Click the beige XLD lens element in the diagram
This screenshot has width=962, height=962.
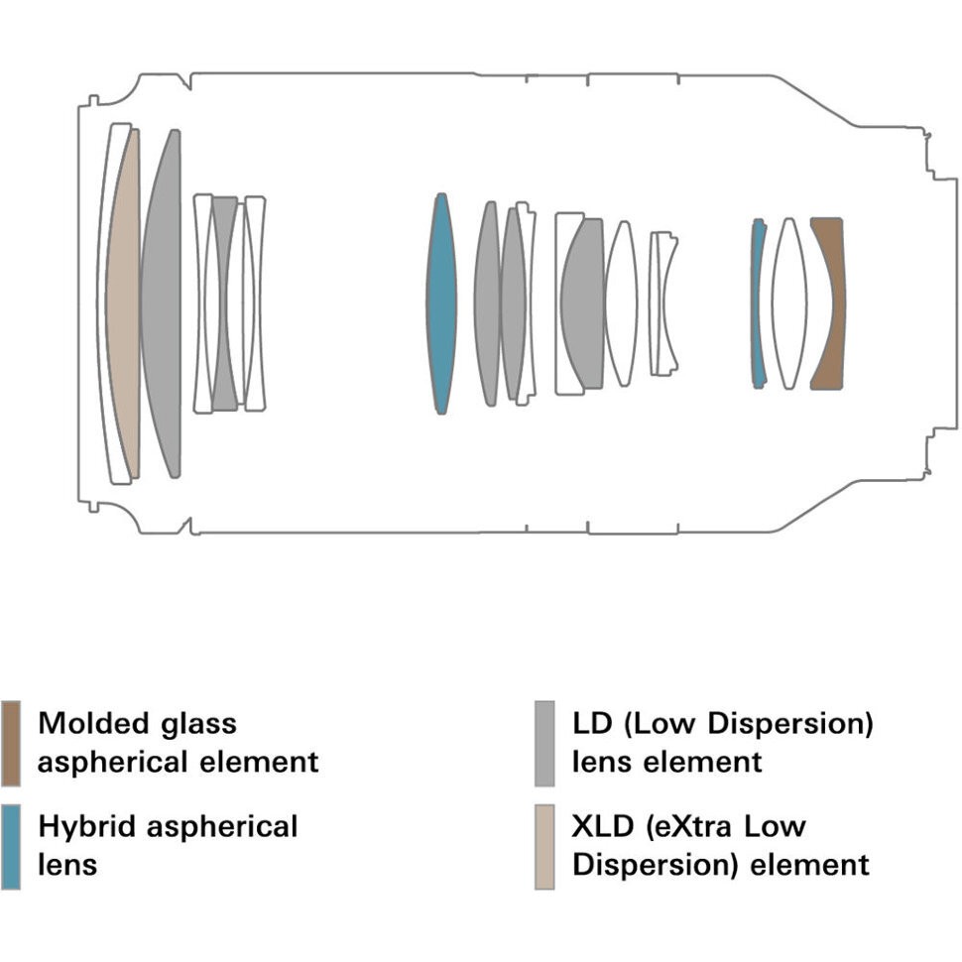122,302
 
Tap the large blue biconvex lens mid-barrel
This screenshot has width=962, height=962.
441,302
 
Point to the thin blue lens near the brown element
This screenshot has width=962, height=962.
759,302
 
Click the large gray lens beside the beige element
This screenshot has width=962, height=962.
162,302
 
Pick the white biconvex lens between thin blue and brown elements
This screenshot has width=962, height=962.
789,302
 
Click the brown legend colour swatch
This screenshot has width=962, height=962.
11,743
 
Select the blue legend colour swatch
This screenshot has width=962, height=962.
11,846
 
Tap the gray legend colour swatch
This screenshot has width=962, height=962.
544,743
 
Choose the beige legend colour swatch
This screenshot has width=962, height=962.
544,846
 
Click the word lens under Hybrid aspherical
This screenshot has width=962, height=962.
67,864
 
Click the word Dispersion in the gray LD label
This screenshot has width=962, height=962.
794,722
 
